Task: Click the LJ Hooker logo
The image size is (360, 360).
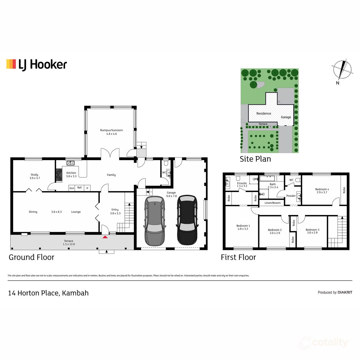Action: coord(37,64)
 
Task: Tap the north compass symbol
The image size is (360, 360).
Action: coord(342,70)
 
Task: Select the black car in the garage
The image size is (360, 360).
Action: coord(187,220)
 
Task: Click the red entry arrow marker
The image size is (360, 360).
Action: coord(105,237)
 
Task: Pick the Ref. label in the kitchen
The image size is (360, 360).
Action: coord(79,188)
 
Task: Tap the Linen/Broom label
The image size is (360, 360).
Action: coord(272,203)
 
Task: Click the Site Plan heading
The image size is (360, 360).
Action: coord(255,159)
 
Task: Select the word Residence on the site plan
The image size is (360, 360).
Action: coord(264,113)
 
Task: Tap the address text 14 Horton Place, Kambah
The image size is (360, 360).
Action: coord(48,293)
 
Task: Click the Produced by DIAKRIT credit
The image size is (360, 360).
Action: coord(335,292)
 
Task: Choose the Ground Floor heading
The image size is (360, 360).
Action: coord(31,257)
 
